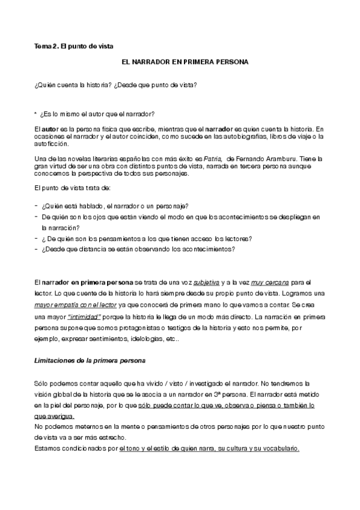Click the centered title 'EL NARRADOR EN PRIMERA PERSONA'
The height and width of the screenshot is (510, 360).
click(180, 62)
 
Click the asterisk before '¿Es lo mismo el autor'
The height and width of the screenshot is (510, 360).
click(37, 114)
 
